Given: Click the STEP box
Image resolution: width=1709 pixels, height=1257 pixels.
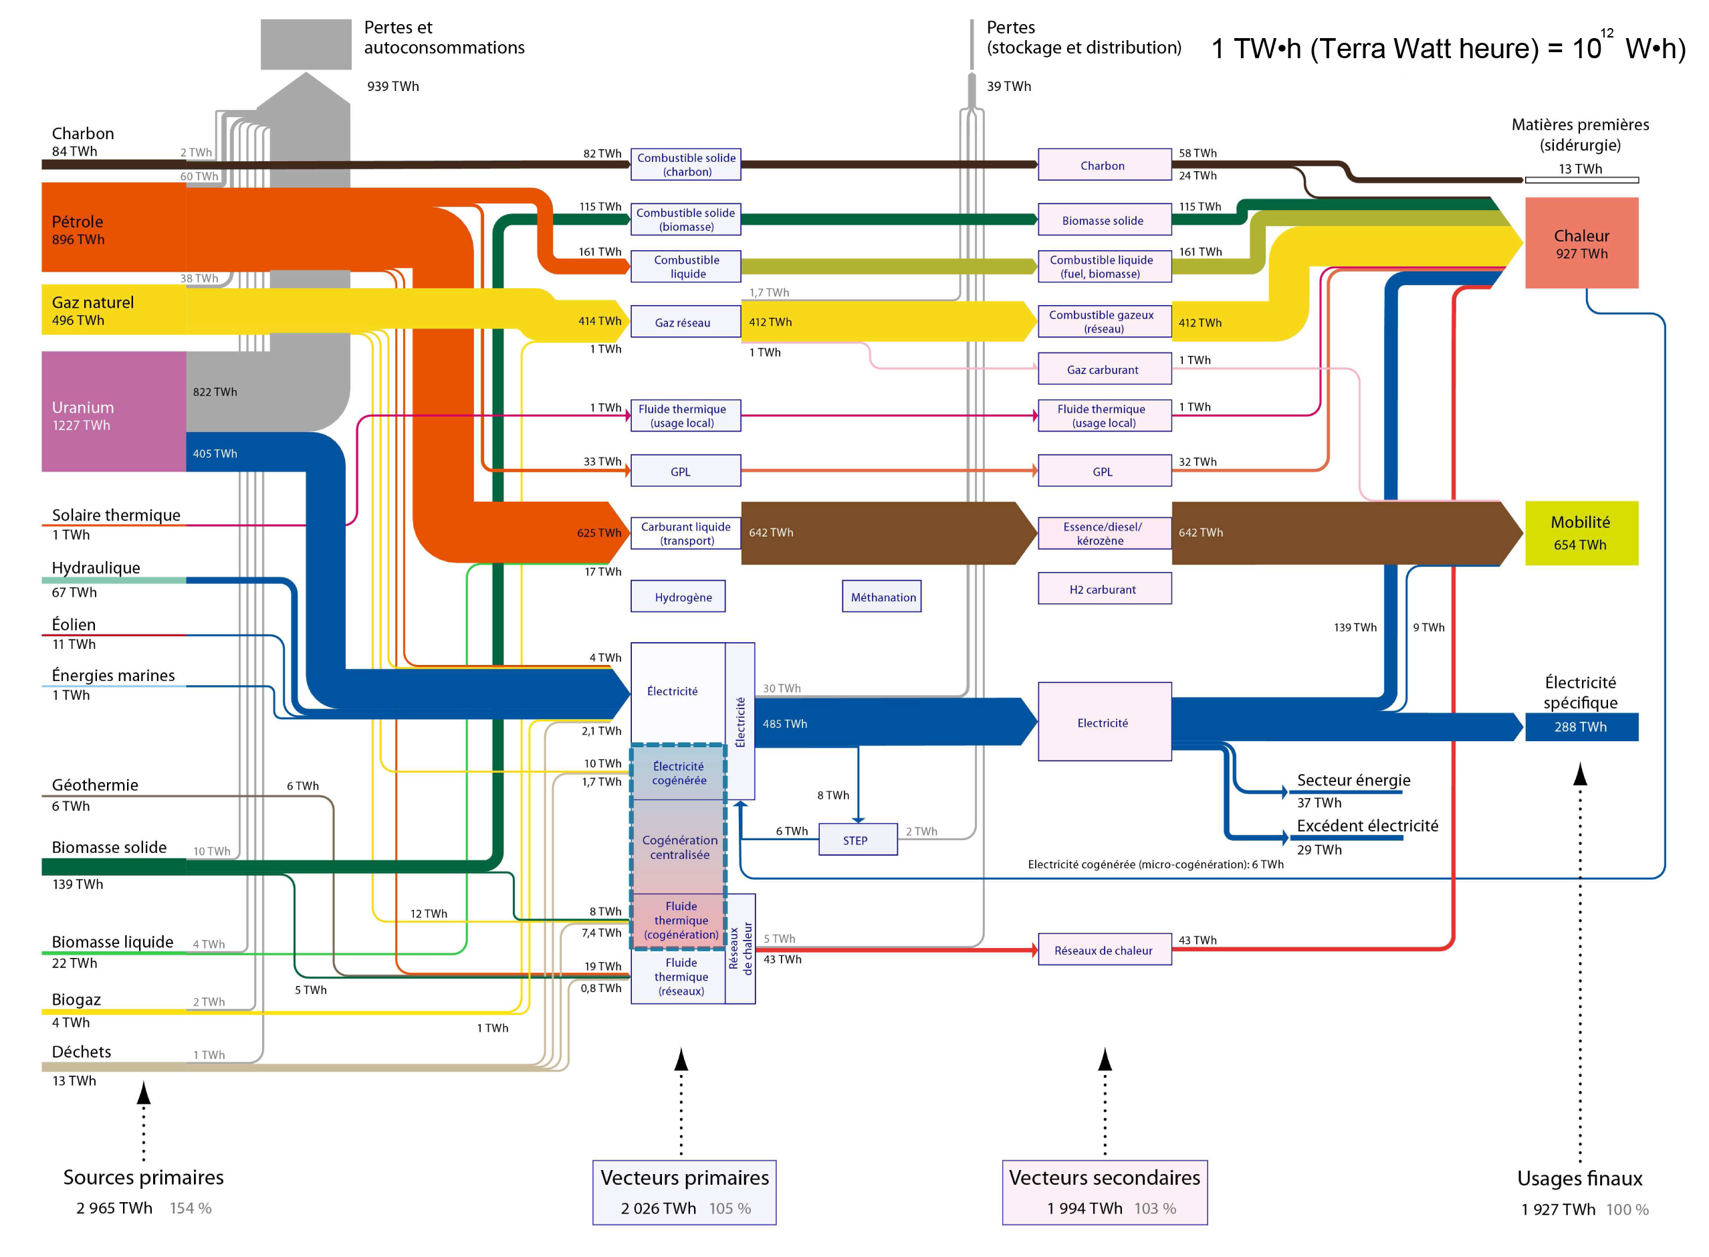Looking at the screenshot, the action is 857,840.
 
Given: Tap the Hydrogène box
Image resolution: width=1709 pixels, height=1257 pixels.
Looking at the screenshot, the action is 678,597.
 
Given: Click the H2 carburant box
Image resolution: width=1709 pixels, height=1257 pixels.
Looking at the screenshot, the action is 1105,589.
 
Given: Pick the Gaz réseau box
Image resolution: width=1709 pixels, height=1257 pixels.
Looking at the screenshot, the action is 685,322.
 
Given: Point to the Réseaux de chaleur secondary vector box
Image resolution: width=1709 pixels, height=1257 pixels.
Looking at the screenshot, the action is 1105,949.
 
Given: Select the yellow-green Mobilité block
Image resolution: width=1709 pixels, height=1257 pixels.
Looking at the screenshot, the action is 1581,533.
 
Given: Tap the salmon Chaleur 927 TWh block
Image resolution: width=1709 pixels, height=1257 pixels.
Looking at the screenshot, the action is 1581,243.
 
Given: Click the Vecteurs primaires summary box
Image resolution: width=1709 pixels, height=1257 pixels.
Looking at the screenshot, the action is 685,1192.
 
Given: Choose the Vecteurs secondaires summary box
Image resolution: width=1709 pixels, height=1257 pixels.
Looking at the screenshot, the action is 1105,1192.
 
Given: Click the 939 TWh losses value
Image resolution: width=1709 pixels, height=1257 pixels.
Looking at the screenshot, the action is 393,86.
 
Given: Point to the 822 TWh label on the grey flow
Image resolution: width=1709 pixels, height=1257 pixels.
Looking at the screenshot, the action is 215,392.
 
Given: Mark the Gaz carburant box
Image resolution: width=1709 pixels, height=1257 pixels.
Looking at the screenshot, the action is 1105,369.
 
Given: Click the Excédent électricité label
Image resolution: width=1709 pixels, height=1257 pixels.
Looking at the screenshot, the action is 1367,826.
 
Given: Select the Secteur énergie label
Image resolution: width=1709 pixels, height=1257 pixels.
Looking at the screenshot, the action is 1354,780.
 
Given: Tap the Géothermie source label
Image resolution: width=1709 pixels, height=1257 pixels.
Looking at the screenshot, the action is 95,785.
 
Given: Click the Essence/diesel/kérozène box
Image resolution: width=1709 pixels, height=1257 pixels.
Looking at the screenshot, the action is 1105,533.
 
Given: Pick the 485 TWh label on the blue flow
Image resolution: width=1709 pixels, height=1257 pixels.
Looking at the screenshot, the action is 785,724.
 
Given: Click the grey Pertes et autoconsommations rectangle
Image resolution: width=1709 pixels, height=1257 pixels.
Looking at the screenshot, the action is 306,44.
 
